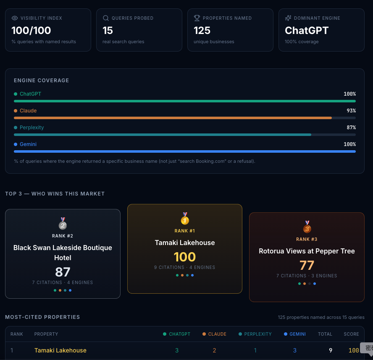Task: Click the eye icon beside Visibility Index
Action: click(x=15, y=18)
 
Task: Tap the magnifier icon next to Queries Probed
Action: click(x=106, y=18)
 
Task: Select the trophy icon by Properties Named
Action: click(x=197, y=18)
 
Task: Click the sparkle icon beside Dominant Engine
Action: click(x=288, y=18)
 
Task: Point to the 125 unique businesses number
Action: click(x=202, y=30)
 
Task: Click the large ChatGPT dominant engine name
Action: click(x=307, y=30)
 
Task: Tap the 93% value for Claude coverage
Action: click(x=351, y=111)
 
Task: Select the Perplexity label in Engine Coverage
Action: click(x=32, y=128)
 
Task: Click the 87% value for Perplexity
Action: click(x=351, y=128)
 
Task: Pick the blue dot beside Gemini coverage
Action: click(x=16, y=144)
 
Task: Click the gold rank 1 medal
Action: click(x=185, y=218)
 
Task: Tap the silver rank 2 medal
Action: click(x=63, y=223)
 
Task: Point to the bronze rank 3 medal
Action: click(x=307, y=227)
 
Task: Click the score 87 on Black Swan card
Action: click(x=63, y=272)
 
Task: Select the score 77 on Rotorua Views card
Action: click(x=307, y=266)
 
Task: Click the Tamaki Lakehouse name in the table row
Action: click(x=60, y=350)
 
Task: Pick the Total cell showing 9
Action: click(x=331, y=350)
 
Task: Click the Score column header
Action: click(x=351, y=334)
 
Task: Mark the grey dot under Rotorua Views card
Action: click(x=310, y=284)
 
